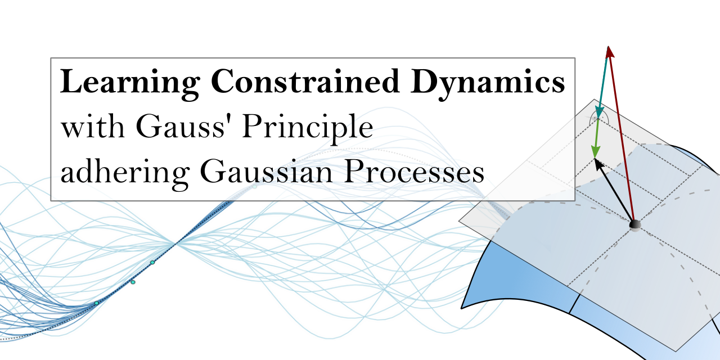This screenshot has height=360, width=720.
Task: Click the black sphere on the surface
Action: click(635, 225)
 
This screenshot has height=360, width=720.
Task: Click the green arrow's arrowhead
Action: click(595, 152)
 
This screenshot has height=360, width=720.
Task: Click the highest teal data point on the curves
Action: click(152, 263)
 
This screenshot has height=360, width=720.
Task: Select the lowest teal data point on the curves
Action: click(96, 303)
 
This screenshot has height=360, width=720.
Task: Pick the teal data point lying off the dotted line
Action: click(133, 282)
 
